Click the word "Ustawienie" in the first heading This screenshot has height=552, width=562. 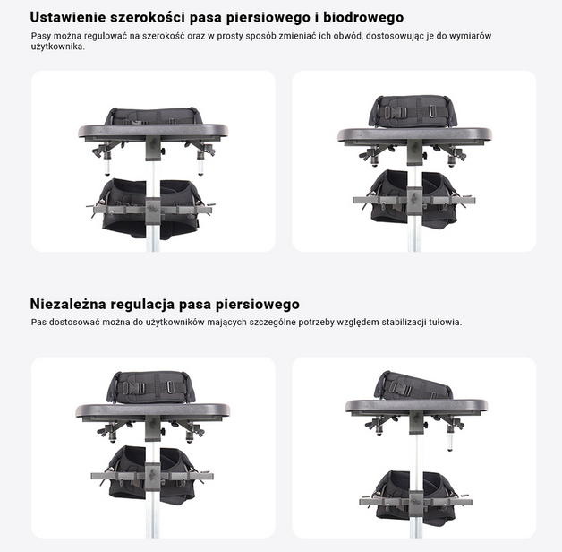(x=68, y=17)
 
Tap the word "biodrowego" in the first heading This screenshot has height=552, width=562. (x=363, y=17)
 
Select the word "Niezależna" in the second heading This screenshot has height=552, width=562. (x=68, y=304)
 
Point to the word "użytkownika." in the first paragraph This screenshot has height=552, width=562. (x=58, y=47)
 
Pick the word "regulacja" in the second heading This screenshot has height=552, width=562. (x=142, y=305)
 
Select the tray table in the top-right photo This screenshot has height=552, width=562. (x=414, y=134)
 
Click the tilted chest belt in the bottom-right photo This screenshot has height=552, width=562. (x=413, y=385)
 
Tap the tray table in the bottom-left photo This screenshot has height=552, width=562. (x=153, y=410)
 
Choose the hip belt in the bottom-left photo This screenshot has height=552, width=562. (x=151, y=474)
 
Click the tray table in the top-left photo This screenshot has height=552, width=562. (x=153, y=131)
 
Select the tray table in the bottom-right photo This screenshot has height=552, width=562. (x=416, y=405)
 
